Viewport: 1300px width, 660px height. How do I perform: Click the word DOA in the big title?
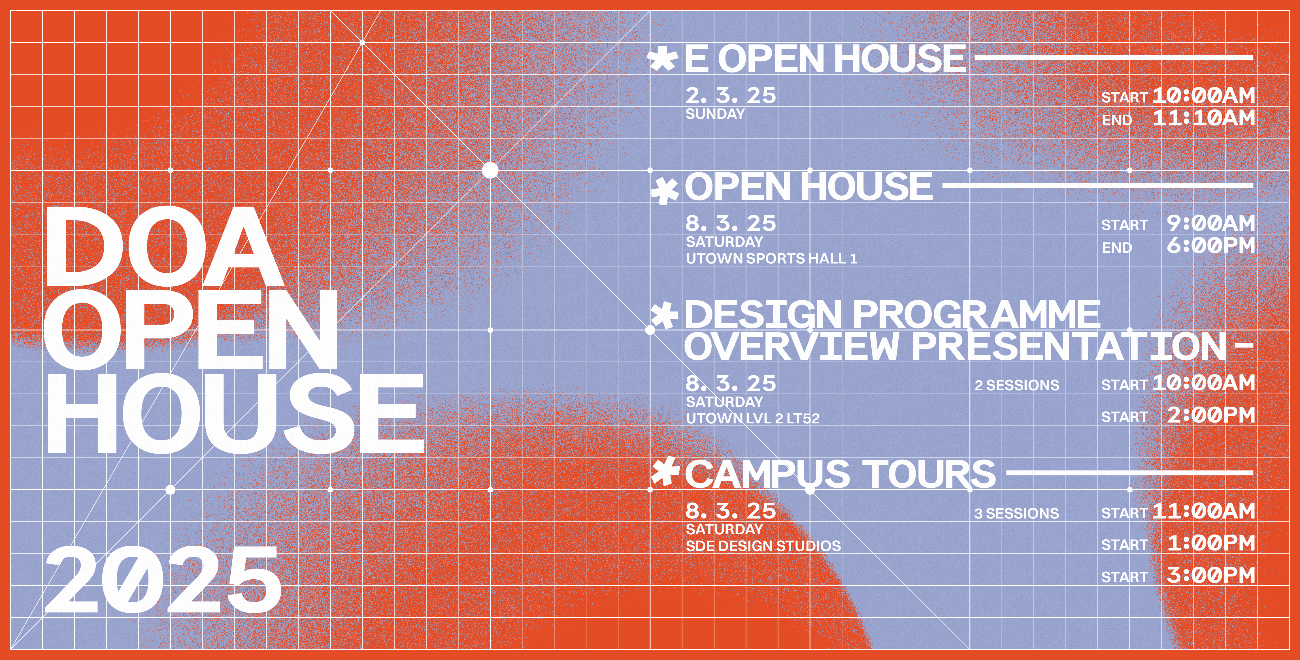tap(164, 247)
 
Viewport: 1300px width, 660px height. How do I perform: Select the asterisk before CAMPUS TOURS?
tap(664, 472)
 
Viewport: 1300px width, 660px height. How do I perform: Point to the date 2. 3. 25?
tap(730, 96)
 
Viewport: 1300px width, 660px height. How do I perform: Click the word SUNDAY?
tap(715, 114)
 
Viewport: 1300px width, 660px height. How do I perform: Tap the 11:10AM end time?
tap(1204, 118)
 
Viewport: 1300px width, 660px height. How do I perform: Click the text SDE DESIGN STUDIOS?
tap(763, 546)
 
